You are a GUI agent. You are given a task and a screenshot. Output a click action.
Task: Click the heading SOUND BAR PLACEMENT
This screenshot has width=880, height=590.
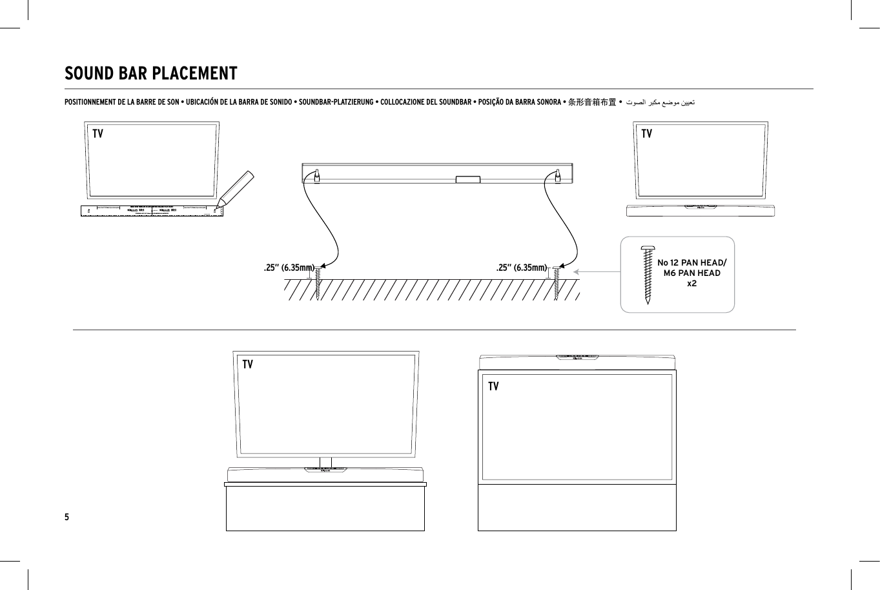click(x=151, y=74)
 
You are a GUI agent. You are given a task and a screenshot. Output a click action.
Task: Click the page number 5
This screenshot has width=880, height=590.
click(x=67, y=517)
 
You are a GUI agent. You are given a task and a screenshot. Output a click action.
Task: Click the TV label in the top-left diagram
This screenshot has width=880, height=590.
click(x=97, y=134)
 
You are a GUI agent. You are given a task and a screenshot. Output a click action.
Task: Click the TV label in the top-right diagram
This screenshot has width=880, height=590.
click(x=646, y=134)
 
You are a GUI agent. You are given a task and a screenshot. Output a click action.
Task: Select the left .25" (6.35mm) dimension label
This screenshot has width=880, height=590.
click(x=289, y=268)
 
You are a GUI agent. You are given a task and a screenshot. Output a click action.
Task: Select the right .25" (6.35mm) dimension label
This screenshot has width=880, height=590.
click(x=521, y=268)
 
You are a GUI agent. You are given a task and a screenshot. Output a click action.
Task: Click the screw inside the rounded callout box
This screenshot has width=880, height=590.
click(x=648, y=274)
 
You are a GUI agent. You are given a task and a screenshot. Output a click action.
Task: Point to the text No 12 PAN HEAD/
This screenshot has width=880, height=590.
click(x=691, y=262)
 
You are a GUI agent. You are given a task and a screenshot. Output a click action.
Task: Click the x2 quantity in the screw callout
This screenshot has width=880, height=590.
click(x=691, y=284)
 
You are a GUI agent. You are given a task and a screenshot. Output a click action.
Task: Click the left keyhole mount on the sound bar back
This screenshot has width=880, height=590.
click(x=317, y=175)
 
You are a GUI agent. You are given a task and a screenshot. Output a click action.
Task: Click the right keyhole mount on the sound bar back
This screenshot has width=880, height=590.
click(x=557, y=175)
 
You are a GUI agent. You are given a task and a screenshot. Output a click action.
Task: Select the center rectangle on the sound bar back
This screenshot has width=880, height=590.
click(x=467, y=179)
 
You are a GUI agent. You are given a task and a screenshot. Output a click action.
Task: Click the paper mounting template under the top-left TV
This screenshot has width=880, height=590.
click(x=151, y=210)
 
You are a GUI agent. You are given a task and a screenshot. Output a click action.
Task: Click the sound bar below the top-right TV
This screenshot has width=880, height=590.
click(x=701, y=210)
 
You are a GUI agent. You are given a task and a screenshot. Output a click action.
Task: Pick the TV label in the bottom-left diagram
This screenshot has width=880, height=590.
click(x=247, y=364)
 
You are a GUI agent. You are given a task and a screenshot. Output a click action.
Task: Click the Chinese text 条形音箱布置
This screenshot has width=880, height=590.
click(x=591, y=102)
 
